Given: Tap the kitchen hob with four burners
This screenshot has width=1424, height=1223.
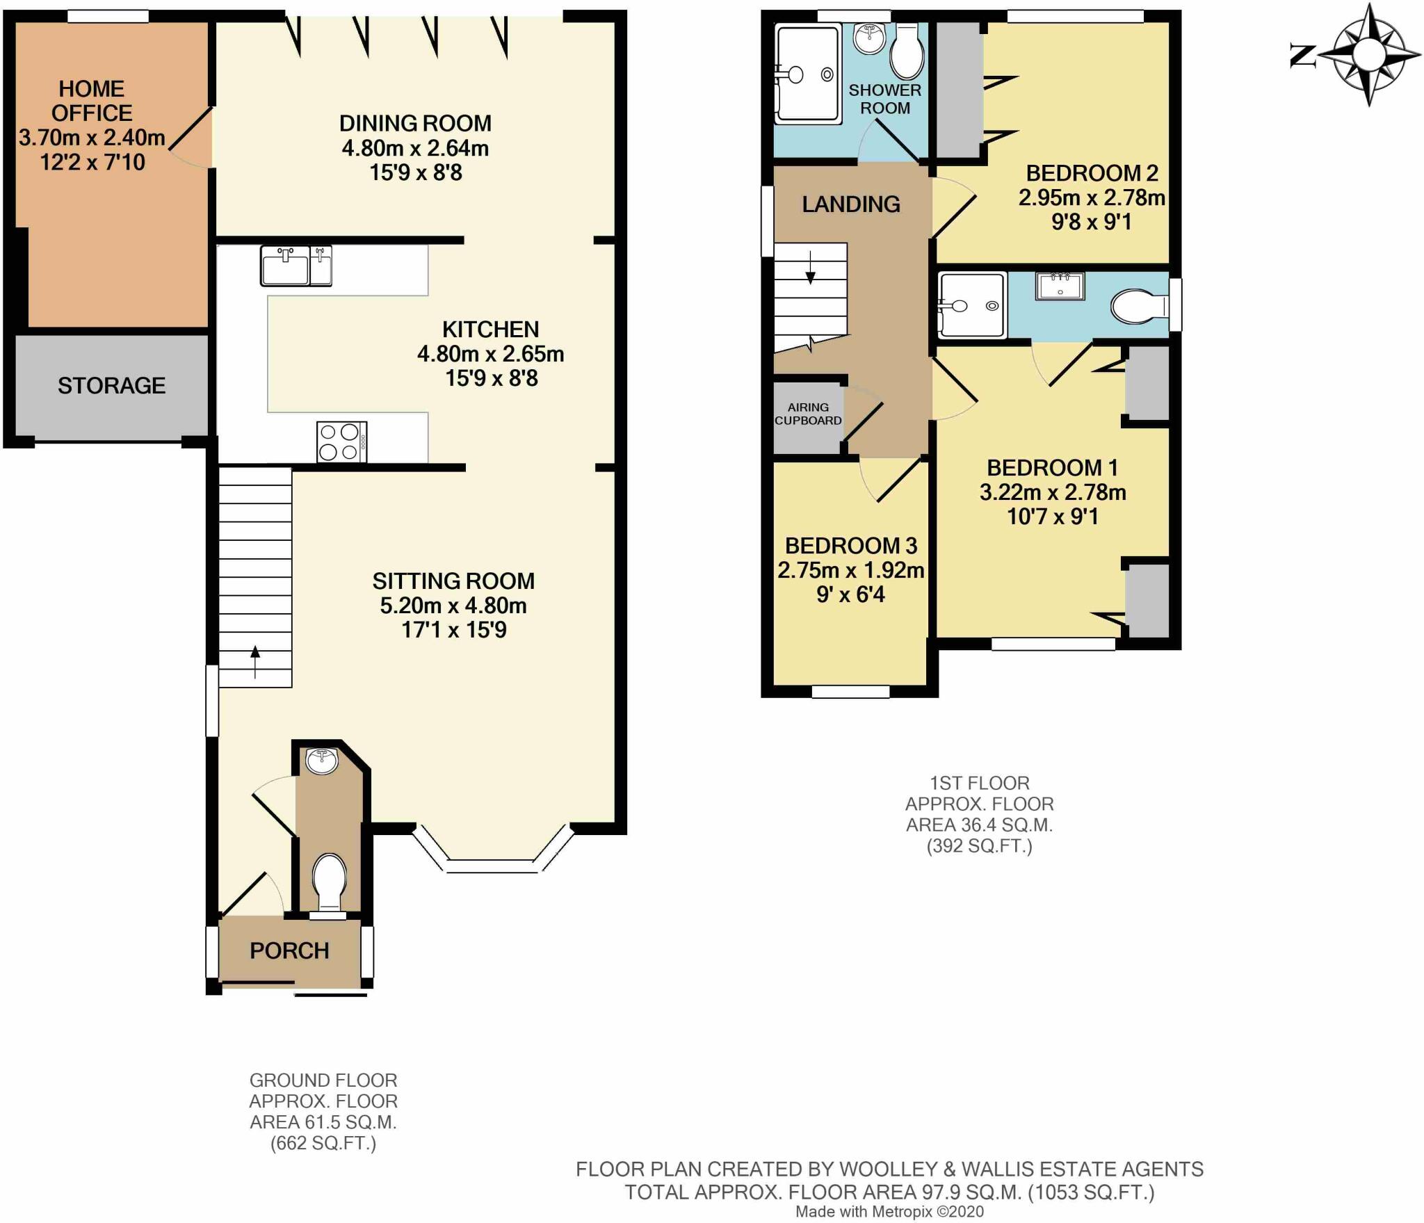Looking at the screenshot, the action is (x=341, y=442).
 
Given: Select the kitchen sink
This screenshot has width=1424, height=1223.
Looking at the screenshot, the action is (x=296, y=266).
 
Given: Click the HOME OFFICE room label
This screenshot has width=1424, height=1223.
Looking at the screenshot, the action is (x=92, y=101).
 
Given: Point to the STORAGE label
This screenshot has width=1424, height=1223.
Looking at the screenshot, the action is (x=111, y=386).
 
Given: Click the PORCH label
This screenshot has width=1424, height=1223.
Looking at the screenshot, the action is (x=289, y=950).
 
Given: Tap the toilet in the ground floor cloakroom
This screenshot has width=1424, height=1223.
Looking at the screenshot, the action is (x=330, y=882).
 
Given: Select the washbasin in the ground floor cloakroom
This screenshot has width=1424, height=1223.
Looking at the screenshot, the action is (x=322, y=761).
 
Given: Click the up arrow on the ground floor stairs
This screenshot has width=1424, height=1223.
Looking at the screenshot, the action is (x=255, y=661).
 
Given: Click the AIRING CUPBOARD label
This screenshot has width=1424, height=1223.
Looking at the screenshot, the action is (x=808, y=414).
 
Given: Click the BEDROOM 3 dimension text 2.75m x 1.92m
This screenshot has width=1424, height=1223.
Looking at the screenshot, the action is (x=851, y=571).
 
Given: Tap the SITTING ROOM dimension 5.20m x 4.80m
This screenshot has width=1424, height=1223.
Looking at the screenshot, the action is (x=453, y=606).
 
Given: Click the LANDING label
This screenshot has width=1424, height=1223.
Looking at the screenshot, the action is (x=851, y=204).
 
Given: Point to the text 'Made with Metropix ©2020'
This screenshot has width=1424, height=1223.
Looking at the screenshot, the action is (x=889, y=1212).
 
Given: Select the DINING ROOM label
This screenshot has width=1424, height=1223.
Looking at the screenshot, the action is (x=415, y=124).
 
